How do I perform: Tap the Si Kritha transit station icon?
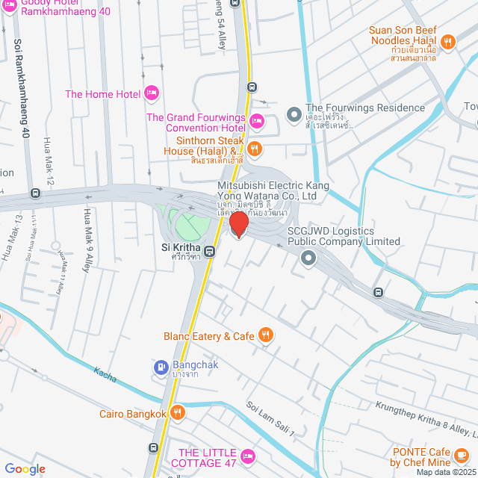[211, 251]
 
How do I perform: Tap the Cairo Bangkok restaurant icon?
[177, 412]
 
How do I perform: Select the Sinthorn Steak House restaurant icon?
[255, 149]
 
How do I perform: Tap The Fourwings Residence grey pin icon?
[294, 115]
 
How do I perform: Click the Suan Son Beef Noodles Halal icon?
[448, 43]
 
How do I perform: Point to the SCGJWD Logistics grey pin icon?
[308, 258]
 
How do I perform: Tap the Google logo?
[25, 468]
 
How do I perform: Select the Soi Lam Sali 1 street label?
[271, 419]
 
